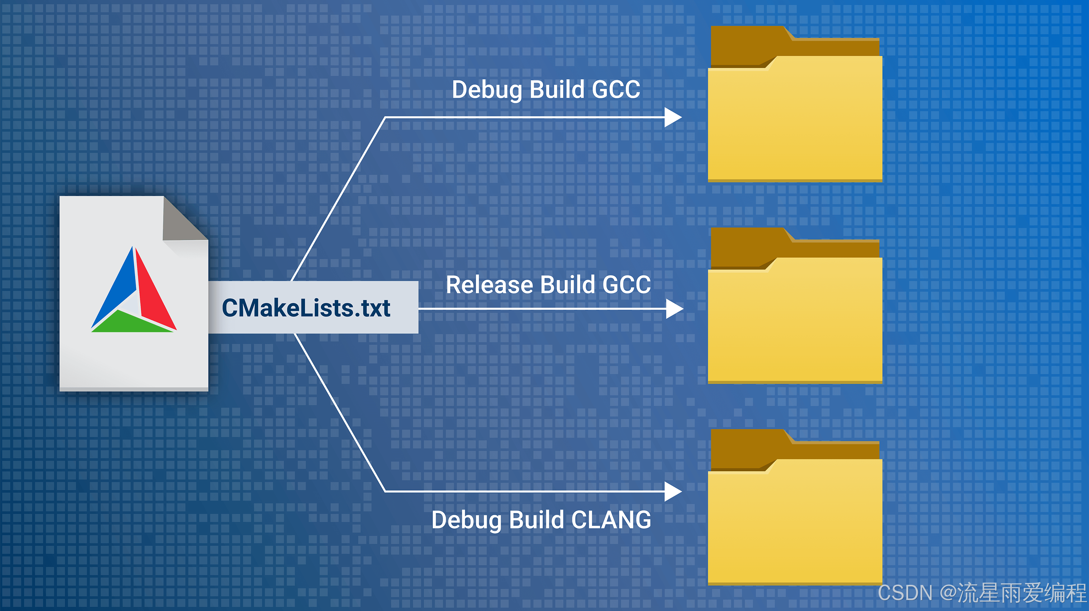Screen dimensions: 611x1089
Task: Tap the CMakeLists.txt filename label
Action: (x=306, y=308)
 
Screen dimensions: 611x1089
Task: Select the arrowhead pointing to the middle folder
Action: (x=674, y=309)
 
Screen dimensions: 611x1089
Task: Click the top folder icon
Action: (x=795, y=123)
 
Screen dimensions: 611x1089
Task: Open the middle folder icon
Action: (x=795, y=323)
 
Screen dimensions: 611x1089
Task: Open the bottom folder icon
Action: (x=795, y=524)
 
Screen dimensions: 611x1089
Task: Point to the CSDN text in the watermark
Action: (x=905, y=593)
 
